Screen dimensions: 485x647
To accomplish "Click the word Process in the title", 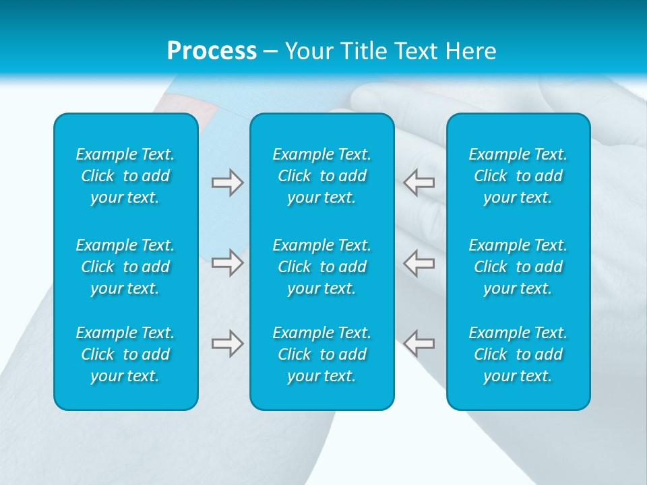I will [212, 51].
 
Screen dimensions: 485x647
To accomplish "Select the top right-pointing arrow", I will [227, 183].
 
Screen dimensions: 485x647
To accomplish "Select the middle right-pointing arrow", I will [227, 263].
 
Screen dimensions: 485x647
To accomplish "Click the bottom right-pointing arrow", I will [227, 344].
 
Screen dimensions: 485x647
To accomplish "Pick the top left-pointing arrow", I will [419, 183].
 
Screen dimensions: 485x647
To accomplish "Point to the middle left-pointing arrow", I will [419, 263].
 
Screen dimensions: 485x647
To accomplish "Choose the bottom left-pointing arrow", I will [419, 344].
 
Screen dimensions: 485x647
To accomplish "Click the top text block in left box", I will [125, 176].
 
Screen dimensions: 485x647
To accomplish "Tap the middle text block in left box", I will [125, 267].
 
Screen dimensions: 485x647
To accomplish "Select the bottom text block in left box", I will [125, 354].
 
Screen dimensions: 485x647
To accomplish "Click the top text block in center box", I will [321, 176].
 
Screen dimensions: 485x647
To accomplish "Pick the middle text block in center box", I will [321, 267].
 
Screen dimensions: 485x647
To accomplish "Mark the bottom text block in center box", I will [321, 354].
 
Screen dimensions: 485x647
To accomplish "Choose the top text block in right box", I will [518, 176].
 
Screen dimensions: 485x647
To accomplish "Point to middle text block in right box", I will [518, 267].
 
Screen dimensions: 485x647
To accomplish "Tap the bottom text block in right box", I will [518, 354].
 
